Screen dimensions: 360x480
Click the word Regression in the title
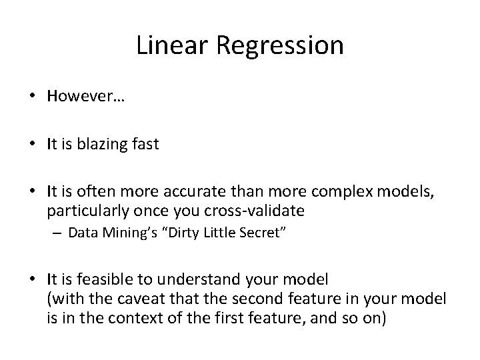click(x=278, y=47)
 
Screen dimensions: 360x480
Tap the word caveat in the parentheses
click(x=138, y=298)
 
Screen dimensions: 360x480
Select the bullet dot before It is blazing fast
click(x=33, y=145)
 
